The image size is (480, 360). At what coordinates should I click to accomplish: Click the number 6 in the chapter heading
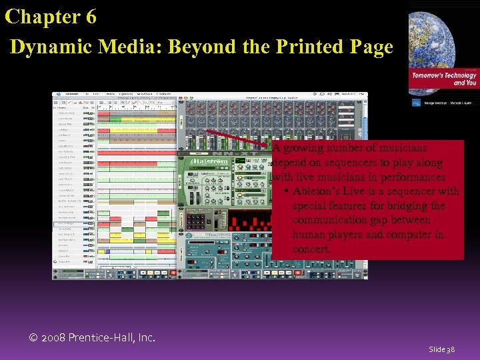coord(90,17)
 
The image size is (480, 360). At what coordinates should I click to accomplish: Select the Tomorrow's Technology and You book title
coord(452,79)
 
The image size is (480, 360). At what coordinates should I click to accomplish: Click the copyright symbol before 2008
coord(35,338)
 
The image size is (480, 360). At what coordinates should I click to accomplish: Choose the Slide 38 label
coord(442,349)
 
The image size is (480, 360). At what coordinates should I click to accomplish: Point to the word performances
coord(412,177)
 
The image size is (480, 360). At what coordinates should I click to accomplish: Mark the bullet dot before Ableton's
coord(285,192)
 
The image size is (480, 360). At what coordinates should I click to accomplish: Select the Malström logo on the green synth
coord(208,162)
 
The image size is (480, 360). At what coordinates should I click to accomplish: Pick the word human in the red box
coord(309,235)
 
